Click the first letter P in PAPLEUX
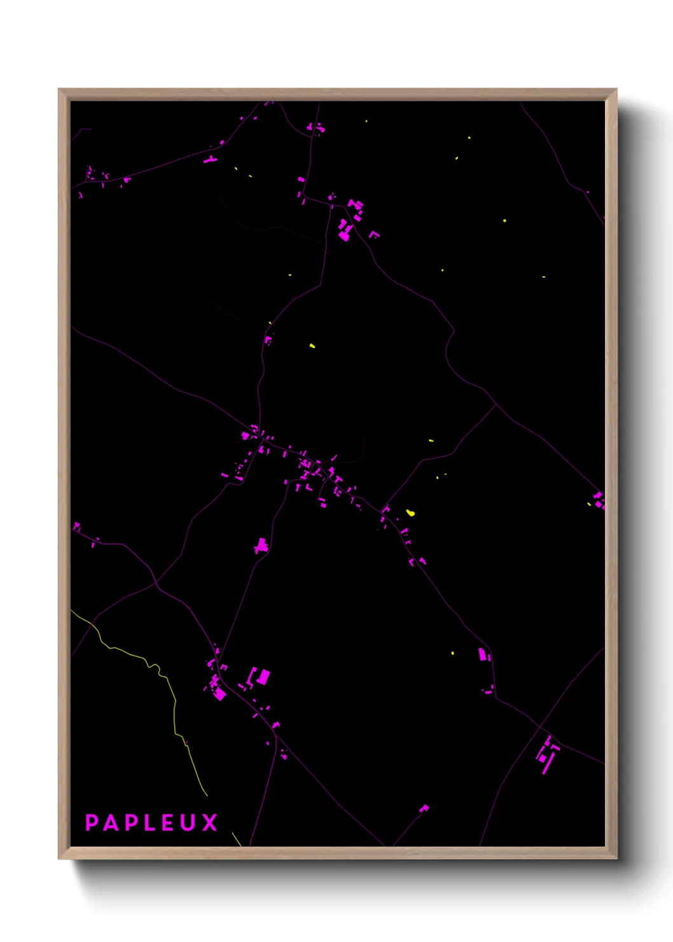tap(92, 822)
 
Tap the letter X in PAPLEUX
tap(210, 822)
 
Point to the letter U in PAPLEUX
tap(189, 822)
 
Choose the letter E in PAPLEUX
tap(169, 822)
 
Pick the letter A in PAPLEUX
tap(111, 822)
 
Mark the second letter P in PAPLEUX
tap(131, 822)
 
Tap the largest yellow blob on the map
tap(410, 512)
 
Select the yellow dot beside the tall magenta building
tap(453, 654)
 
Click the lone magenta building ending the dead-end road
tap(424, 808)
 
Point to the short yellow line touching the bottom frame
tap(236, 839)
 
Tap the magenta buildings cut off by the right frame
tap(599, 500)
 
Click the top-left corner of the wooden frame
tap(59, 90)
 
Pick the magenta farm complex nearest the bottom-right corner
tap(547, 754)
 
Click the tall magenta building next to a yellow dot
tap(482, 654)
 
